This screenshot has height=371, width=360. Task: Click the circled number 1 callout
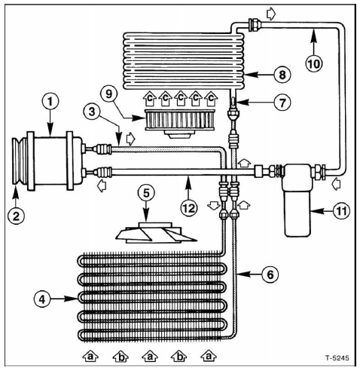point(50,102)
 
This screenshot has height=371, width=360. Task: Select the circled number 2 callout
point(16,216)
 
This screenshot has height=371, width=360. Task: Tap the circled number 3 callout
point(92,112)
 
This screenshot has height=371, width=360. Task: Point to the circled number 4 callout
point(42,299)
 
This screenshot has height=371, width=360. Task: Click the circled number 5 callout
point(146,193)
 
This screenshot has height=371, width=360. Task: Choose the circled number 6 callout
point(270,274)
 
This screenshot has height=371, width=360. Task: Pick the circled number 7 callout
point(282,103)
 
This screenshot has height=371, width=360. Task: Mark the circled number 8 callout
point(282,75)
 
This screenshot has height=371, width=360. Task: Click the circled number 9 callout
point(108,94)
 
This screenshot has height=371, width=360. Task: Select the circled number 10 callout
point(314,63)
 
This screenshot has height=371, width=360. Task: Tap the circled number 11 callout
point(341,211)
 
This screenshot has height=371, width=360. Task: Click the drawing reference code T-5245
point(337,357)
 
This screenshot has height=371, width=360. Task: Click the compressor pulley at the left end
point(20,161)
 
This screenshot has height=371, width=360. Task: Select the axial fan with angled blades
point(156,232)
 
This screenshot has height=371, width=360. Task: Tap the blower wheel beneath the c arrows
point(180,124)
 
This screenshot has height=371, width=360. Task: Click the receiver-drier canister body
point(297,200)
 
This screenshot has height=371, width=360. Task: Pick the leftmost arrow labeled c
point(150,98)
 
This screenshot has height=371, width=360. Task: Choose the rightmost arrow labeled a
point(209,356)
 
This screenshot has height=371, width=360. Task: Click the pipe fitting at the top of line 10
point(255,24)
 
